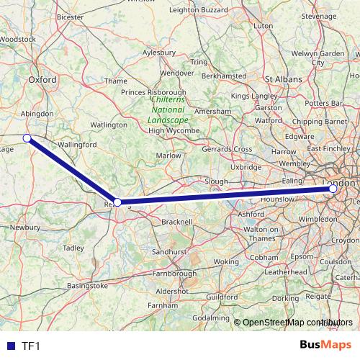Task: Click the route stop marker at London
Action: click(331, 189)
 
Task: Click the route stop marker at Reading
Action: click(117, 203)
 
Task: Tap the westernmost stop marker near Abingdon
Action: click(27, 138)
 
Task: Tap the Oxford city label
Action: click(42, 81)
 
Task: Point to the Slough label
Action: click(216, 181)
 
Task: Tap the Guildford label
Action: click(222, 296)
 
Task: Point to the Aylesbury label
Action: click(159, 53)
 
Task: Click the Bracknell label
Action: click(177, 222)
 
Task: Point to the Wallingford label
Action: click(77, 145)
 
